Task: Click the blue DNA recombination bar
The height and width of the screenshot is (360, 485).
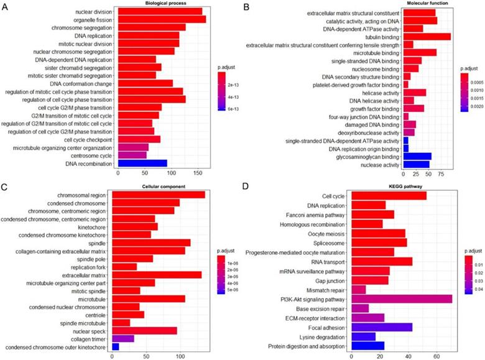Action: [x=141, y=164]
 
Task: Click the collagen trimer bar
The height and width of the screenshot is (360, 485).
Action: [x=122, y=338]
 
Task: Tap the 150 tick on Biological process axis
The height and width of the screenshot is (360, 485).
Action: [x=198, y=175]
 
